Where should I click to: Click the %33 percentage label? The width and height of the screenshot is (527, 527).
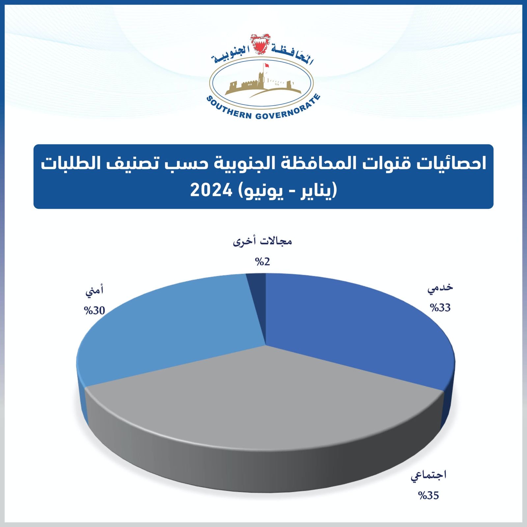(440, 308)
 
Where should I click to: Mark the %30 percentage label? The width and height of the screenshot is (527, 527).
(95, 311)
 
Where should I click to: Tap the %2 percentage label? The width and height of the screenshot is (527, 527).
(263, 262)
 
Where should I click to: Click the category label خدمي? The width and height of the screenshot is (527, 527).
(440, 288)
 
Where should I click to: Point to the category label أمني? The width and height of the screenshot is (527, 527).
(95, 291)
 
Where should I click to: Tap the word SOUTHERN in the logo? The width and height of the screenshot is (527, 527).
(229, 109)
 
